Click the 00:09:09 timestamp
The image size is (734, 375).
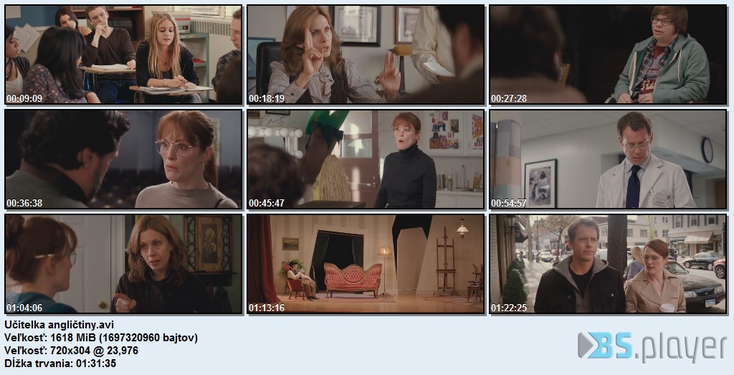click(24, 98)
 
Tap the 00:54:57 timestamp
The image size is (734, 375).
click(508, 203)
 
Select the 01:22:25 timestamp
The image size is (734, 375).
click(508, 308)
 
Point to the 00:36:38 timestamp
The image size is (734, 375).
click(24, 203)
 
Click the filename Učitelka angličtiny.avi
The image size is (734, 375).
click(59, 325)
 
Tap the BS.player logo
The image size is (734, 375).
click(652, 346)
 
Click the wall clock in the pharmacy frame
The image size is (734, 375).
click(707, 150)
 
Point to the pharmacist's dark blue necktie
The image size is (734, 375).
click(633, 186)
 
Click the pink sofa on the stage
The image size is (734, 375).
click(353, 278)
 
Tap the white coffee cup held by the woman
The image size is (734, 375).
click(667, 308)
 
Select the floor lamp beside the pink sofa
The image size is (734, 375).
click(385, 270)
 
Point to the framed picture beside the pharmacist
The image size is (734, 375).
click(540, 183)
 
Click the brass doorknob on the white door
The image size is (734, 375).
click(103, 305)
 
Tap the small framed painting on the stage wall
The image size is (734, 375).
click(290, 244)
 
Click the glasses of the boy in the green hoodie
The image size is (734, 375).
click(662, 21)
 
